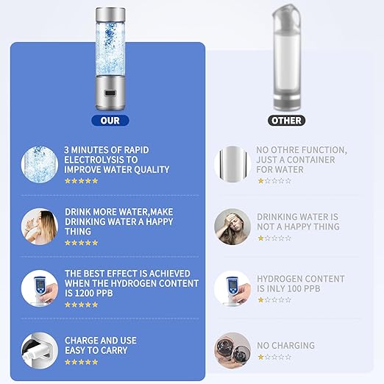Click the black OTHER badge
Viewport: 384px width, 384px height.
pyautogui.click(x=286, y=120)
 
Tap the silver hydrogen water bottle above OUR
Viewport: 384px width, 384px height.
pyautogui.click(x=110, y=59)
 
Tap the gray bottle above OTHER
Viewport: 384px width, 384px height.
pyautogui.click(x=287, y=59)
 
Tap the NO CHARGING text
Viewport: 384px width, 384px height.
pyautogui.click(x=285, y=346)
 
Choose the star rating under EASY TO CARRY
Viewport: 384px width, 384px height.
pyautogui.click(x=81, y=362)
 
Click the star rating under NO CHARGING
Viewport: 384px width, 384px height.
pyautogui.click(x=274, y=357)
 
